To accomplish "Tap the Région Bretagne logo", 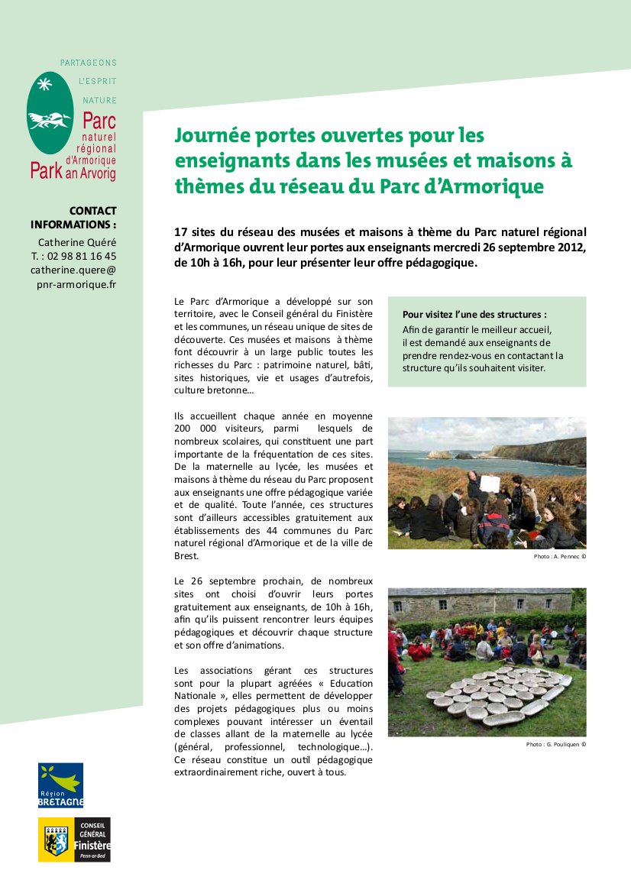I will [60, 785].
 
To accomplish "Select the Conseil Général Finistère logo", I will [74, 839].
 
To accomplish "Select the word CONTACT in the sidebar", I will [92, 211].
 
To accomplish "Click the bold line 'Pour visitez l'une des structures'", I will [474, 315].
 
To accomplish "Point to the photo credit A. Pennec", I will [559, 556].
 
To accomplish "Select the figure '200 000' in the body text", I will [196, 429].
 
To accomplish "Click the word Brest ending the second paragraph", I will [186, 556].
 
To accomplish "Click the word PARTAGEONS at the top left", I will [88, 63].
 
